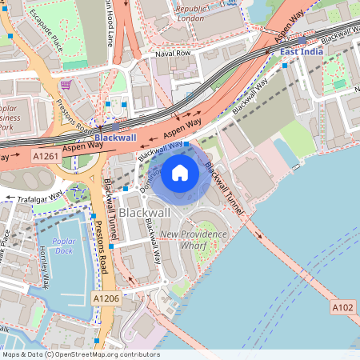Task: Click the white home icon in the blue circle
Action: (180, 173)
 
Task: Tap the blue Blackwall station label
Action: (116, 137)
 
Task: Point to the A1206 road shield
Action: (105, 298)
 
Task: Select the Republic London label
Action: (190, 12)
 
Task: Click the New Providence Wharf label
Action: (194, 239)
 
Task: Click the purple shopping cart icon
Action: (66, 84)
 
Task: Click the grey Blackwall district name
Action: (144, 212)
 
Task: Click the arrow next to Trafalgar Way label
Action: (10, 198)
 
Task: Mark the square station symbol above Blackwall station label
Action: (117, 126)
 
